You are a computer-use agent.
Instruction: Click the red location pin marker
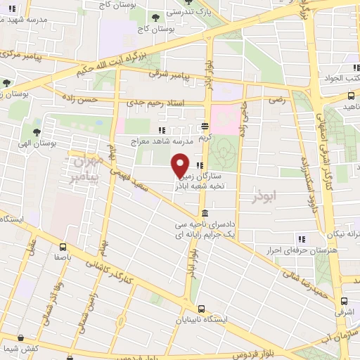click(180, 166)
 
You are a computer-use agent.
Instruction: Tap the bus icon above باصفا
click(63, 247)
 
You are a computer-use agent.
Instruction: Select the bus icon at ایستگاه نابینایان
click(202, 309)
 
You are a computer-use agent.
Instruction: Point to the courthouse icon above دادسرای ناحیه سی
click(204, 214)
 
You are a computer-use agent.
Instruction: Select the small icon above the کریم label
click(205, 127)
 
